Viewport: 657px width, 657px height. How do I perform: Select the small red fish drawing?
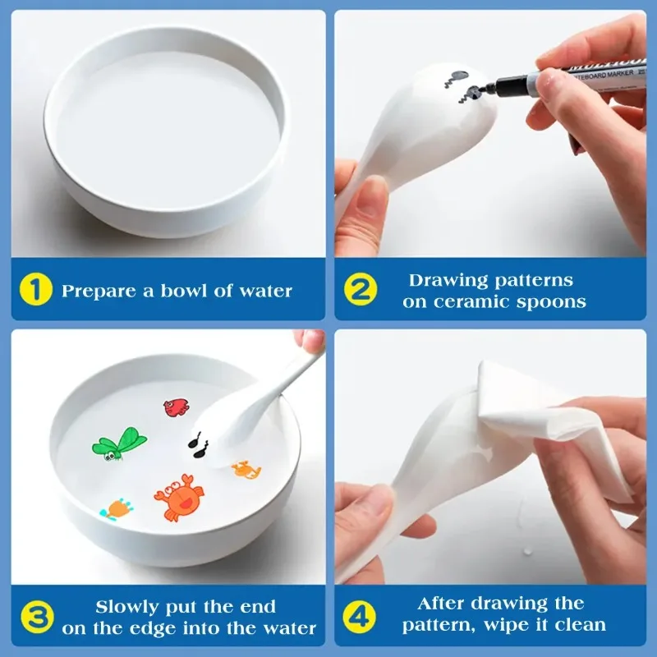click(x=176, y=407)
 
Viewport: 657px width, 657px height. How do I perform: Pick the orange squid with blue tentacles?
click(x=117, y=508)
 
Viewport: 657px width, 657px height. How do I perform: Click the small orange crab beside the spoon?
click(x=246, y=470)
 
